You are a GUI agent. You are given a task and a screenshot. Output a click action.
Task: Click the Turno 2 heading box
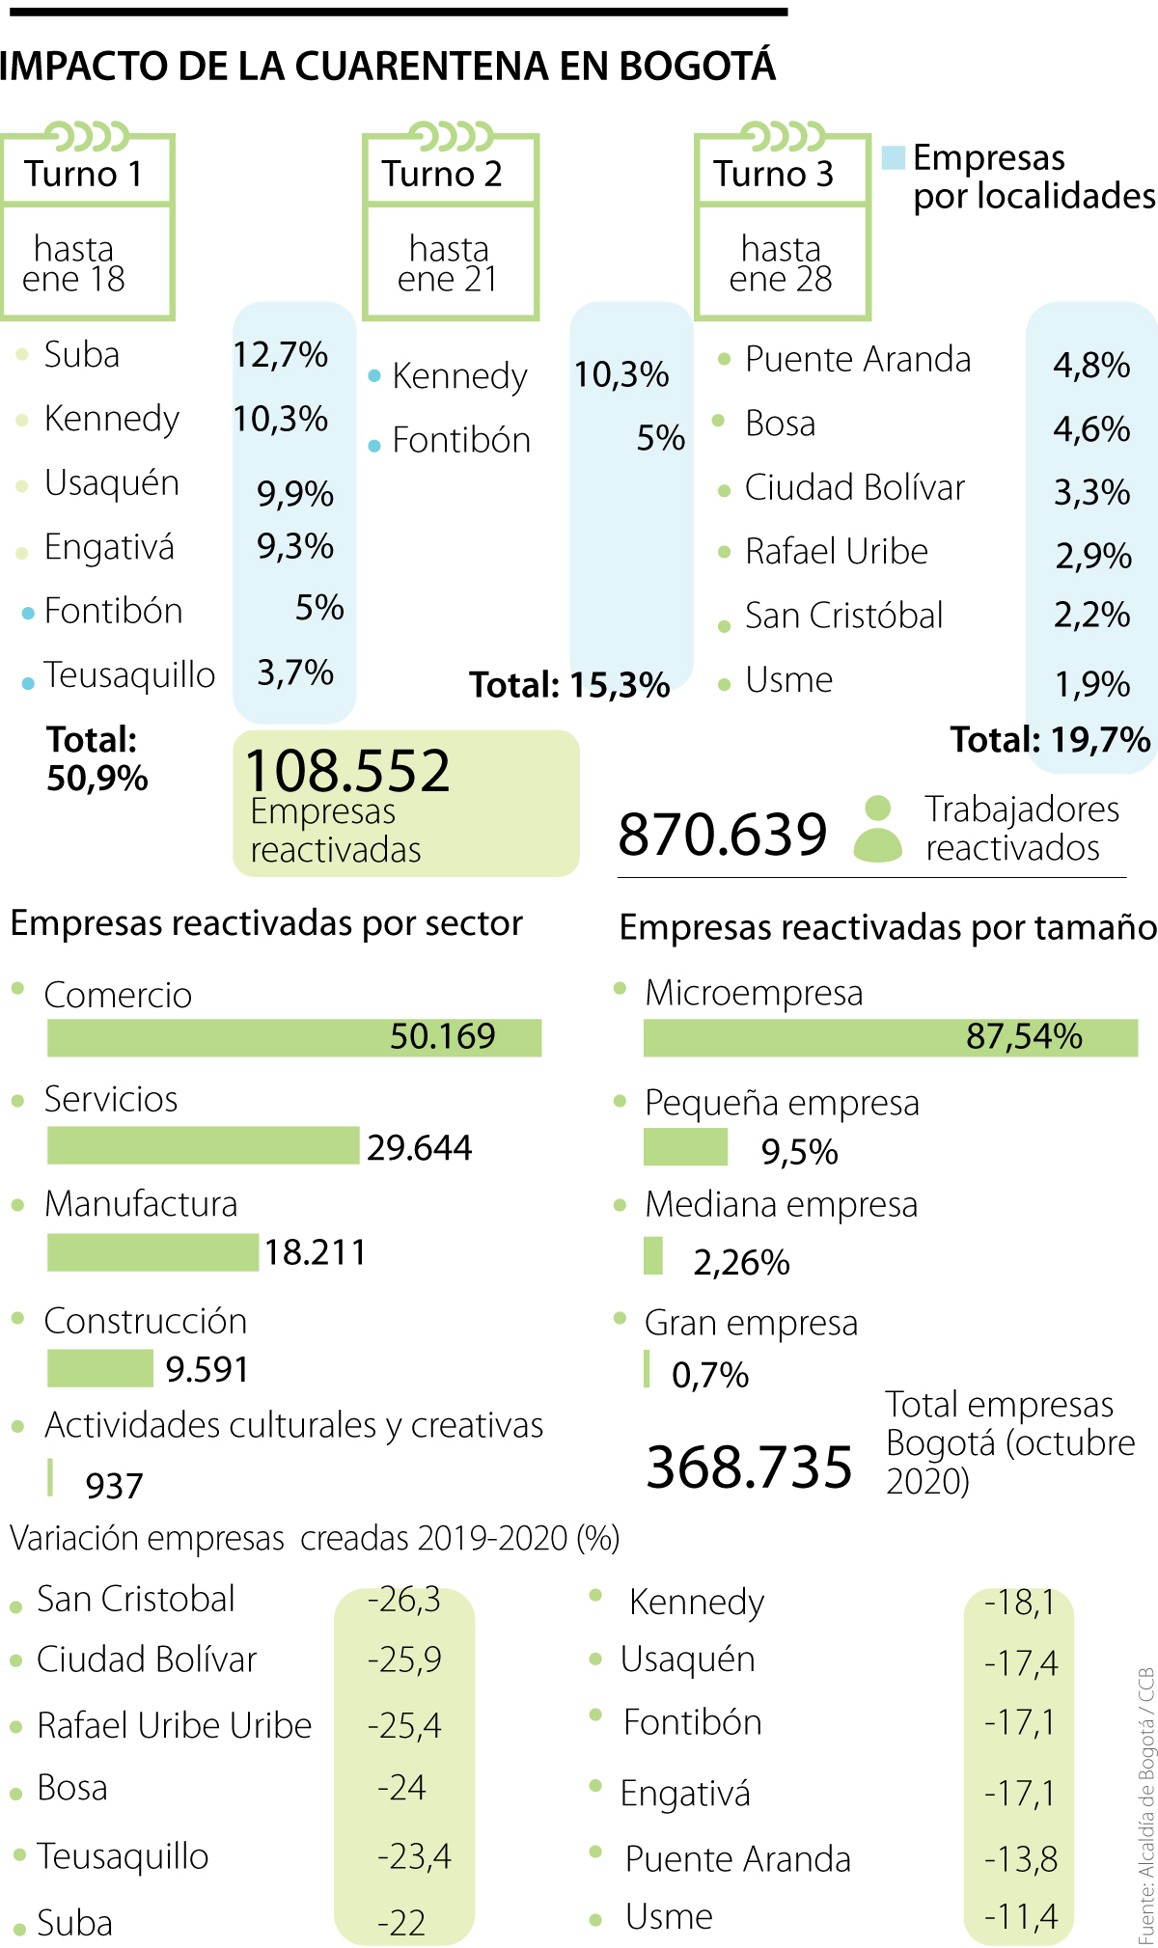point(451,172)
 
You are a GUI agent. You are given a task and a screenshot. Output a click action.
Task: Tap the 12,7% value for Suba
point(281,355)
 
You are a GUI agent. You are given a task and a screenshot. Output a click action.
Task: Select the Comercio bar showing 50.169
point(294,1037)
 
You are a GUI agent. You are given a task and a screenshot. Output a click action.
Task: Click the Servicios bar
point(203,1145)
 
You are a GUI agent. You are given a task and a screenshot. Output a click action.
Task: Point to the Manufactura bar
point(152,1251)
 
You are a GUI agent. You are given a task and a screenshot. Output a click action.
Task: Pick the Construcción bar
point(99,1367)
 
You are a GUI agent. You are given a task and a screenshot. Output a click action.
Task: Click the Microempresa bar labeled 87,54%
point(890,1037)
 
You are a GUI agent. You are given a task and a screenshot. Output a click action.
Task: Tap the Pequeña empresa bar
point(685,1147)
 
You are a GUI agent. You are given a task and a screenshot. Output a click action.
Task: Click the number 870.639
point(723,835)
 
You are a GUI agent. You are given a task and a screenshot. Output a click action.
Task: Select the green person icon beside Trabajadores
point(877,829)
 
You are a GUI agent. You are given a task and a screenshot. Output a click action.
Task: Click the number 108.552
point(347,771)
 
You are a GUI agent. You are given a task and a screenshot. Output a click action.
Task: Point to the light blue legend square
point(894,157)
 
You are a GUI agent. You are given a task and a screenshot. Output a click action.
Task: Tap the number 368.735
point(749,1467)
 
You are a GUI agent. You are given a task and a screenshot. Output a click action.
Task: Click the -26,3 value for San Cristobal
point(403,1600)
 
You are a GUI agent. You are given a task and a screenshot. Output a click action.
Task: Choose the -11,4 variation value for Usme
point(1020,1916)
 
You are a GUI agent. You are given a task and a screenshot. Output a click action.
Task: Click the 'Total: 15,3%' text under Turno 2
point(569,685)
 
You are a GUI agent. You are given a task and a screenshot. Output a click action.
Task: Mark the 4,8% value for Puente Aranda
point(1091,366)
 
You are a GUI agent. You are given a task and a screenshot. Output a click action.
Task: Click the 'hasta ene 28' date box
point(782,262)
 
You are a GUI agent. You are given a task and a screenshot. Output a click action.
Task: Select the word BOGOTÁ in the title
point(697,66)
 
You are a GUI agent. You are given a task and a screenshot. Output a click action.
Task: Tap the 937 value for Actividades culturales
point(114,1486)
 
